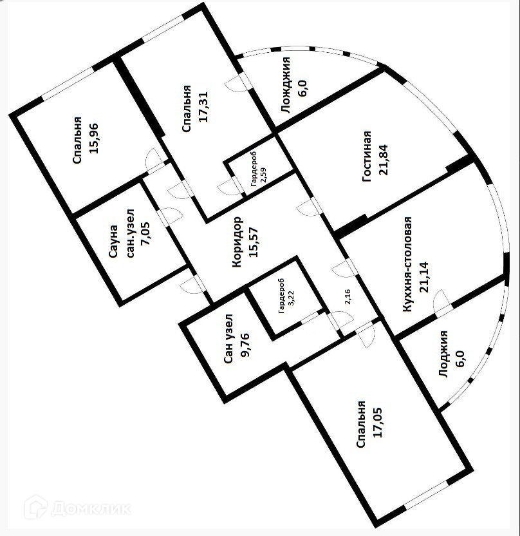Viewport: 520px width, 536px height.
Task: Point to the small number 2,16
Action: (348, 297)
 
